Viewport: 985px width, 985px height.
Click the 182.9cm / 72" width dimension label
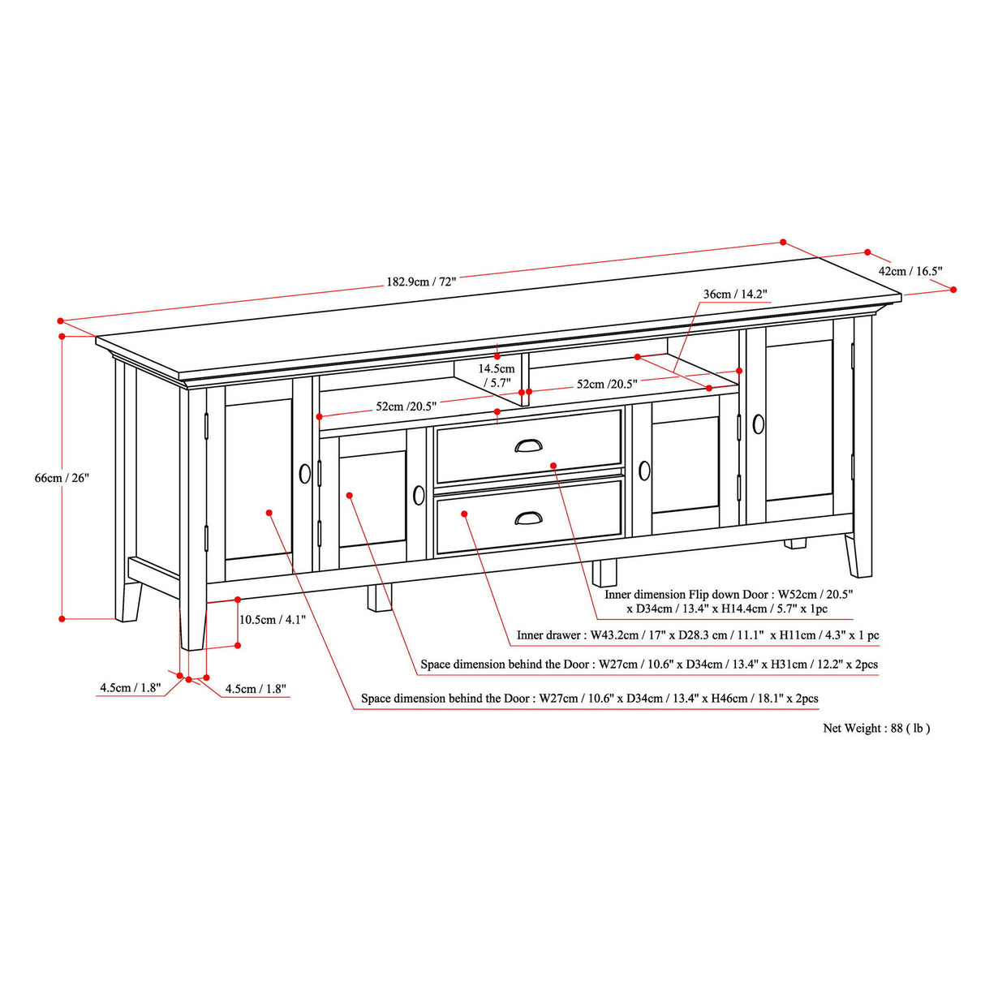[x=421, y=282]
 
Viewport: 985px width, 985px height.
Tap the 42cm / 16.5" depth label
[x=910, y=271]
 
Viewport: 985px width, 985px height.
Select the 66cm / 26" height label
[x=62, y=478]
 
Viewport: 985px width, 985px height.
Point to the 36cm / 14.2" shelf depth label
[x=734, y=294]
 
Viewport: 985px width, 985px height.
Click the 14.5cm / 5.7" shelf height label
[x=496, y=376]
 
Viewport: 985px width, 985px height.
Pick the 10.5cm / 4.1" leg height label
[x=272, y=620]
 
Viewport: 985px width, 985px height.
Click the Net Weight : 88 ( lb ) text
[x=876, y=729]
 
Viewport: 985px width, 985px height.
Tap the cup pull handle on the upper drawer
[x=529, y=445]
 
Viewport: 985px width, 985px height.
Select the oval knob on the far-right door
[x=759, y=424]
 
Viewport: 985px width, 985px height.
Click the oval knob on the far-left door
[x=305, y=474]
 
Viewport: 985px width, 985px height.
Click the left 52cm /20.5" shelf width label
[x=406, y=406]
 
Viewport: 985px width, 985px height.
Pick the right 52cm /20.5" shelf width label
[x=607, y=384]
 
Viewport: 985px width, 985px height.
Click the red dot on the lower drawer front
[x=464, y=514]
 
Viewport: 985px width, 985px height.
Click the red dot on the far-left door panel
[x=269, y=513]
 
